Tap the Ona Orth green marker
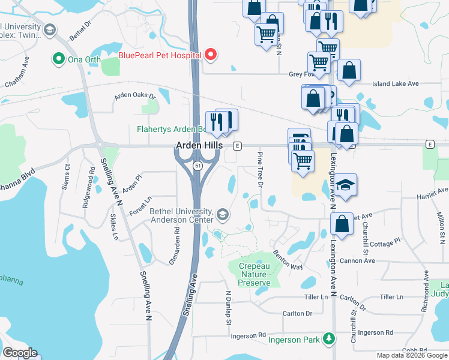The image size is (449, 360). point(58,59)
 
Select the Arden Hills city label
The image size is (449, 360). point(199,146)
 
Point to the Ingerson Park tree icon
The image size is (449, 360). point(328,338)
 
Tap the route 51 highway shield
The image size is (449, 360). point(197,165)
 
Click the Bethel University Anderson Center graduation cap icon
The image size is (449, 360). point(222,214)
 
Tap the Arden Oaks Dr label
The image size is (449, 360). point(136,96)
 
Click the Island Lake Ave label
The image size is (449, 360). point(395,84)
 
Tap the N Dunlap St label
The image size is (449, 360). point(228,308)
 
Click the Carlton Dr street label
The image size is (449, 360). point(298,313)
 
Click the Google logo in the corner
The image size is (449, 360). point(20,353)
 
